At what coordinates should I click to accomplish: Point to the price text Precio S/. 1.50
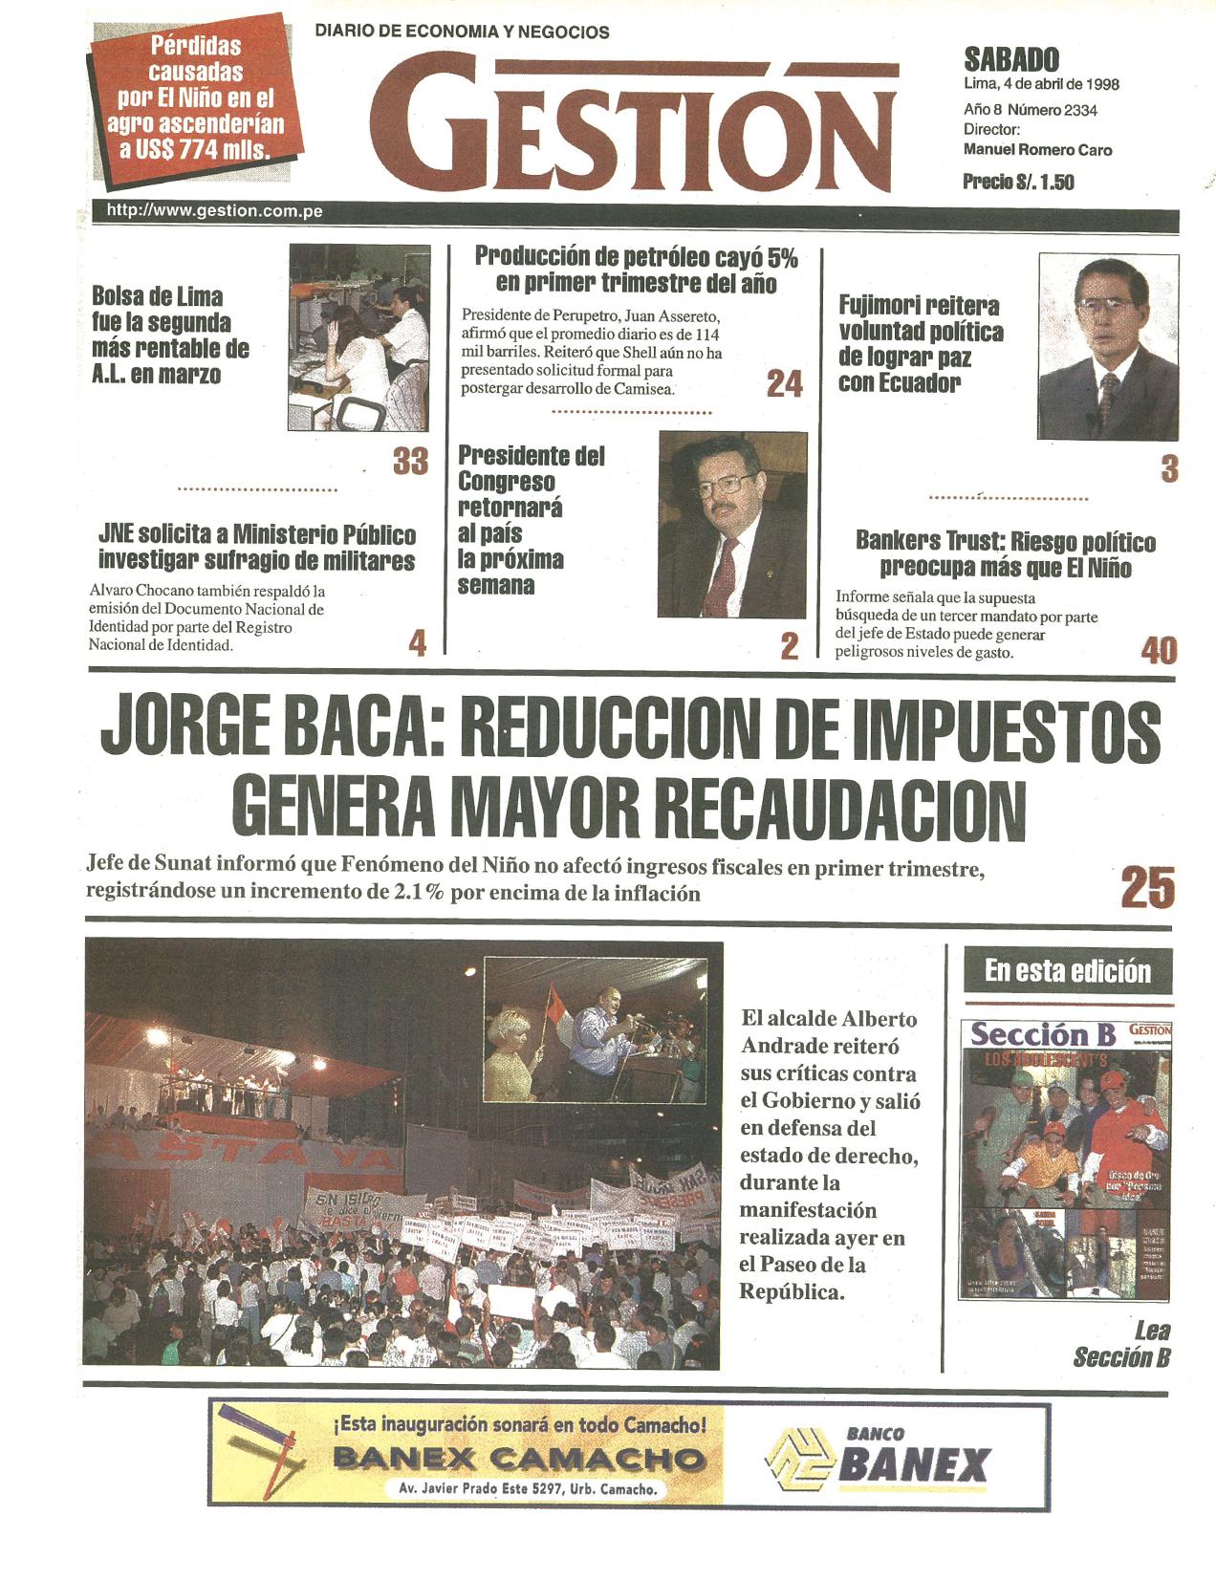[1018, 182]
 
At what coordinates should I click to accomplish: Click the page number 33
[411, 462]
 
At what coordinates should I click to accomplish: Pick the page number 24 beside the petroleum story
[785, 384]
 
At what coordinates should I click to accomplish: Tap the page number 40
[1159, 651]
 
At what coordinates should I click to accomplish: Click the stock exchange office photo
[358, 337]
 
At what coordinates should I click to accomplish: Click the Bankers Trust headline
[1005, 555]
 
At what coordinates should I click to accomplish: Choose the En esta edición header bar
[1068, 972]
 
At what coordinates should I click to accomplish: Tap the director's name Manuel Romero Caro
[1037, 150]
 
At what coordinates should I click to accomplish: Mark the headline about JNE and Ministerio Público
[256, 547]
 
